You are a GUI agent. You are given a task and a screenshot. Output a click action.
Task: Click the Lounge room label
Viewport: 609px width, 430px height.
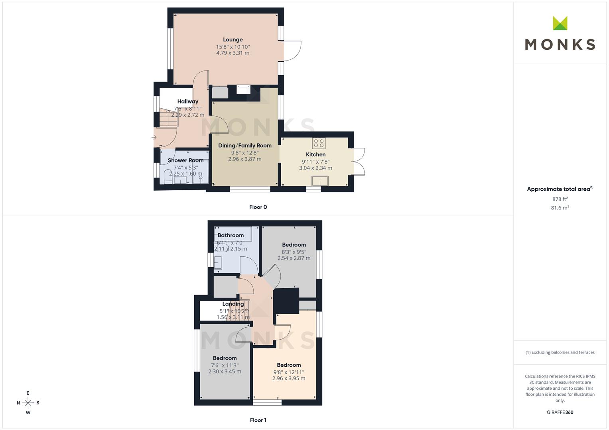pos(233,40)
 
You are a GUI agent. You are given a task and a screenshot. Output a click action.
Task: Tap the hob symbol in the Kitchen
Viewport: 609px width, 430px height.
pos(319,143)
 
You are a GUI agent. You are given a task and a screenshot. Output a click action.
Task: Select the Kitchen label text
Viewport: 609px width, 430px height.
pos(315,154)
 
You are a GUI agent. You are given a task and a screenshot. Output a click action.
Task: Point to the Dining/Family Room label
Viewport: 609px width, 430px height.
pos(245,145)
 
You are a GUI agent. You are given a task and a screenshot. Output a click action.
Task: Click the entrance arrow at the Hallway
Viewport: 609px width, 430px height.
pos(154,137)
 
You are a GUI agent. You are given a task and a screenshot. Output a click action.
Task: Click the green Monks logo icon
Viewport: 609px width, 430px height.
pos(560,23)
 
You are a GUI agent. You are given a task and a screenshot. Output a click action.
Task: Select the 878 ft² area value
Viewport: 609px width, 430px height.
pos(560,199)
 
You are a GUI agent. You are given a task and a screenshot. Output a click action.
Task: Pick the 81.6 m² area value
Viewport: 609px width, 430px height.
pos(560,208)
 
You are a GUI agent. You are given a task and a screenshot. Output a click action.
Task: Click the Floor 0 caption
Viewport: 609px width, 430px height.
pos(258,207)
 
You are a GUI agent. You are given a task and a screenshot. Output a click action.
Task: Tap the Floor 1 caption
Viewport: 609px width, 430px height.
pos(258,420)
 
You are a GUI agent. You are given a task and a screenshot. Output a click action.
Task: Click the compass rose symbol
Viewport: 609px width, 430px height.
pos(28,403)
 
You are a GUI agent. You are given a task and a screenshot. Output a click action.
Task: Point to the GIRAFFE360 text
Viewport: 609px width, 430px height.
pos(560,412)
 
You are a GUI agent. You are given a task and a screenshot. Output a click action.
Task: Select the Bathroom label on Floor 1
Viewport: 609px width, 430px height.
pos(231,235)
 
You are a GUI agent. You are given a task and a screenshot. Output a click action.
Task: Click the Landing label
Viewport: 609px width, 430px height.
pos(233,304)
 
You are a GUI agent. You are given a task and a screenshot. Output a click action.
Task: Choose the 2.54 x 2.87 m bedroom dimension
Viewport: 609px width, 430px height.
pos(294,258)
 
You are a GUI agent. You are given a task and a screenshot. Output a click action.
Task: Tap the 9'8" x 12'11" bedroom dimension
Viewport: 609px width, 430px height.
pos(289,372)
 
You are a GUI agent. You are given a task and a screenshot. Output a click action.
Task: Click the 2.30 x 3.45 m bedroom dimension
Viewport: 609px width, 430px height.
pos(225,371)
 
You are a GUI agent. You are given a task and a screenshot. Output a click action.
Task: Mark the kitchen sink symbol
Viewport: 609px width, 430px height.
pos(320,181)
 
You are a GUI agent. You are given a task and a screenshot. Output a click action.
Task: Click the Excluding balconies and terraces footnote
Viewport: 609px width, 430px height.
pos(560,352)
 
